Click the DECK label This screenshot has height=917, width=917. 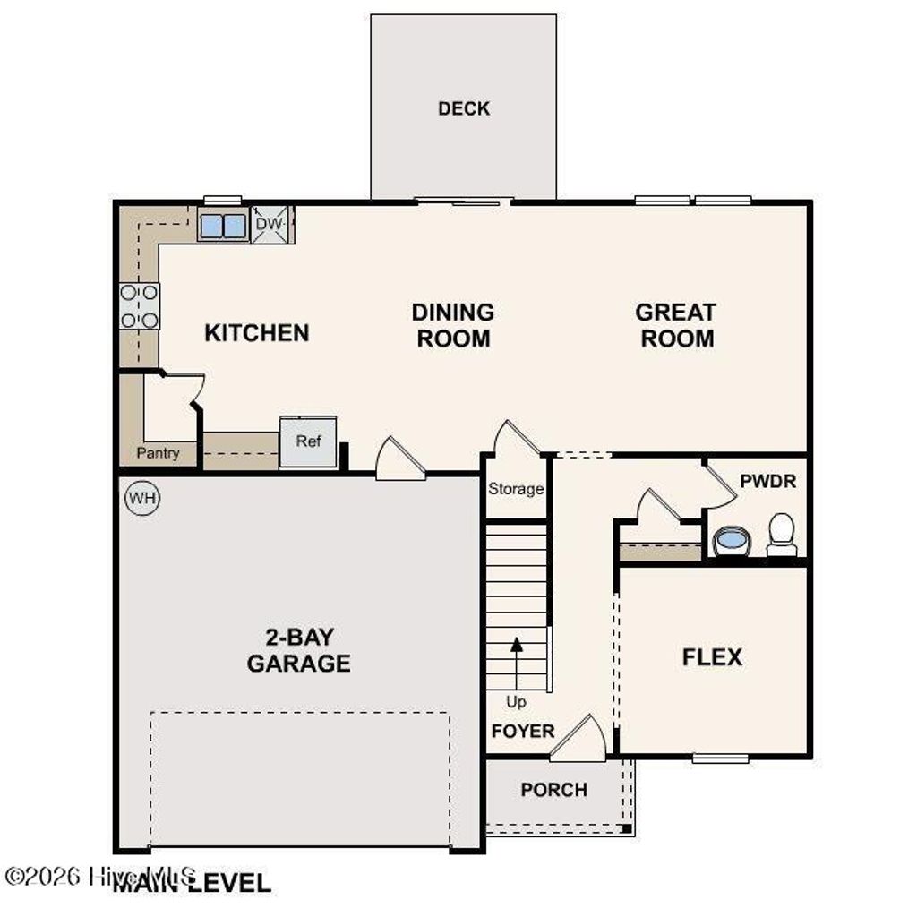(464, 108)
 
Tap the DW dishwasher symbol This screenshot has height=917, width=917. (269, 224)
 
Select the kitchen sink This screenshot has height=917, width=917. (221, 226)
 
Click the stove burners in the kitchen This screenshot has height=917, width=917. (140, 305)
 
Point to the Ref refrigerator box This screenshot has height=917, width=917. (308, 441)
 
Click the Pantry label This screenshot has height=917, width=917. (158, 453)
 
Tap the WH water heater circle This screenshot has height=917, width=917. (141, 498)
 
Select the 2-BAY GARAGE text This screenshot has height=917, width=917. (298, 650)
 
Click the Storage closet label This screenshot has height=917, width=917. (516, 489)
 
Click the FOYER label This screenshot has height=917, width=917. (523, 731)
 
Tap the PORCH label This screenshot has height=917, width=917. (554, 790)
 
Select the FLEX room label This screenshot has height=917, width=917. (712, 657)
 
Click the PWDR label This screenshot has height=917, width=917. (767, 481)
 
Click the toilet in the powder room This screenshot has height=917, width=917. (782, 534)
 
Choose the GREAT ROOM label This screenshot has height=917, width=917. (675, 325)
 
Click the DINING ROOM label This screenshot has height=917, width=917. (452, 325)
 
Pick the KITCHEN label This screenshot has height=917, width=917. (257, 333)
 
